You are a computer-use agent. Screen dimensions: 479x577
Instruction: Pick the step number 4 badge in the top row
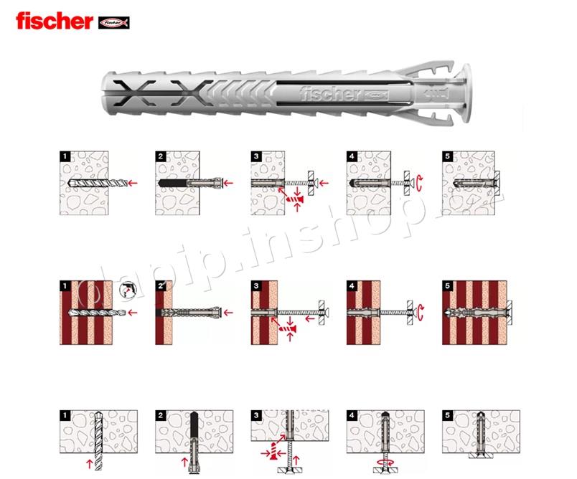point(350,154)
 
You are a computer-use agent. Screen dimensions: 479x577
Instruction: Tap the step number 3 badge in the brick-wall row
point(255,286)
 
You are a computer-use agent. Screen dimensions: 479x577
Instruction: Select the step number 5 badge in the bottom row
point(447,415)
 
